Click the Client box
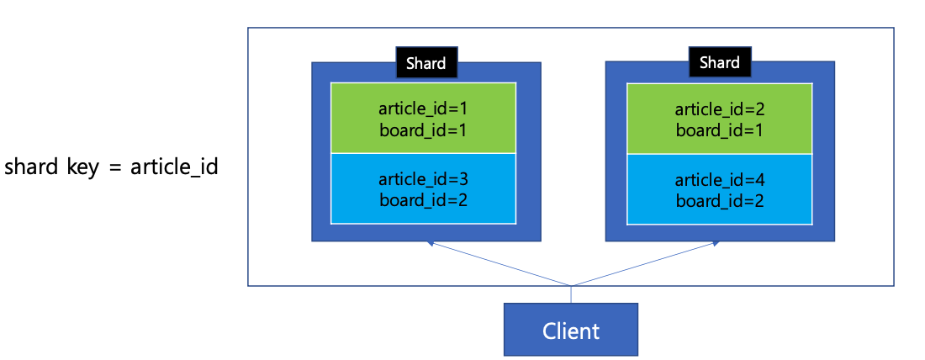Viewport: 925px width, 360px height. (570, 330)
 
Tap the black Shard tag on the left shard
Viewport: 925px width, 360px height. (426, 62)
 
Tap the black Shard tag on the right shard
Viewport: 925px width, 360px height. (720, 62)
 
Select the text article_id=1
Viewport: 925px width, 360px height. (423, 109)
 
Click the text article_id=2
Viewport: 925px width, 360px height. (720, 109)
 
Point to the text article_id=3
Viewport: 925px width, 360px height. (423, 179)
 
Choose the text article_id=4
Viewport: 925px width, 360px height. (720, 179)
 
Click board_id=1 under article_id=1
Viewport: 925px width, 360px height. (423, 130)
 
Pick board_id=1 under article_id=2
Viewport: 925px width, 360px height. (720, 130)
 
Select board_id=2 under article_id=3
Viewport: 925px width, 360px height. (423, 200)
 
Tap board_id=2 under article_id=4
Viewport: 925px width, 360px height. (720, 200)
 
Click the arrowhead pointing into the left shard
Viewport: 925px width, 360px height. (430, 243)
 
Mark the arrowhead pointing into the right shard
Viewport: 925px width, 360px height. (715, 243)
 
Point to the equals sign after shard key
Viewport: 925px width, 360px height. (116, 168)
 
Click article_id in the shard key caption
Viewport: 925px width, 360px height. (174, 168)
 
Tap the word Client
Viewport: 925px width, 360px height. (570, 331)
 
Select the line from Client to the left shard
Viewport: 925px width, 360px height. (500, 264)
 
